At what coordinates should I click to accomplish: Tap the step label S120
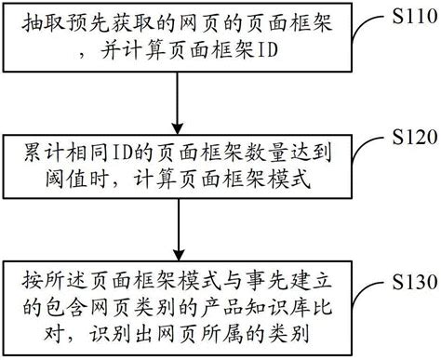412,138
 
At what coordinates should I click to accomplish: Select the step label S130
412,279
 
